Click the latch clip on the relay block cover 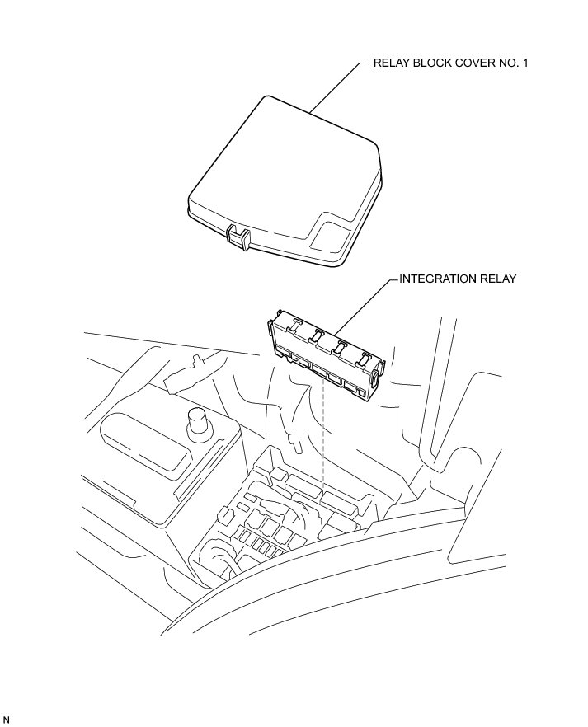click(x=238, y=237)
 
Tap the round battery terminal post click(x=199, y=422)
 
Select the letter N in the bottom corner click(x=7, y=720)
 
